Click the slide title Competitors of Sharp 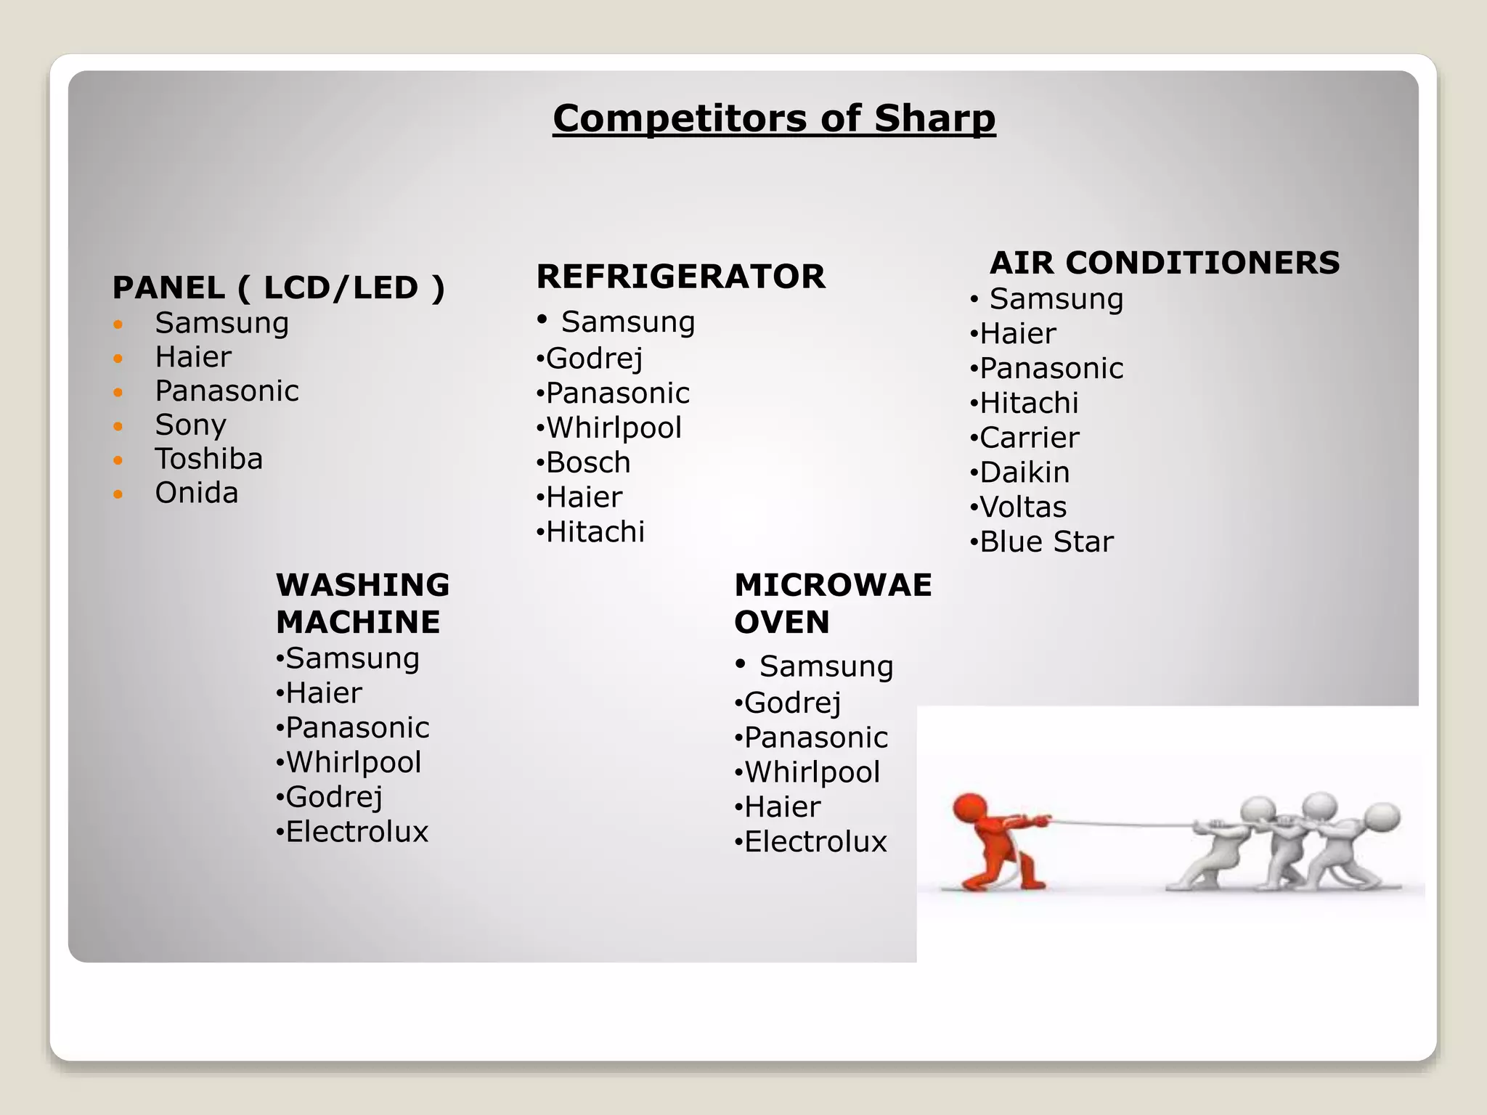[774, 118]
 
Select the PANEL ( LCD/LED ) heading [278, 288]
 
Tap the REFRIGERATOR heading [680, 277]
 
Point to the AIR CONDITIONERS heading [1164, 263]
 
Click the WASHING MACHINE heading [362, 603]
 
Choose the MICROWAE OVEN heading [833, 603]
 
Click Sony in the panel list [190, 425]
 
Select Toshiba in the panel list [208, 460]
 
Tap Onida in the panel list [196, 494]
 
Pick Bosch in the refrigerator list [588, 463]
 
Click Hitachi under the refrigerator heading [595, 532]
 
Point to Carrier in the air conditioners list [1029, 438]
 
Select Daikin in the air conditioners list [1024, 473]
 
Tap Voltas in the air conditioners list [1022, 507]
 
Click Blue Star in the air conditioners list [1046, 542]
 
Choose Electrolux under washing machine [357, 832]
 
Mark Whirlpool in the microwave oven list [812, 772]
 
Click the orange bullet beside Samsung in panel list [118, 324]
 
